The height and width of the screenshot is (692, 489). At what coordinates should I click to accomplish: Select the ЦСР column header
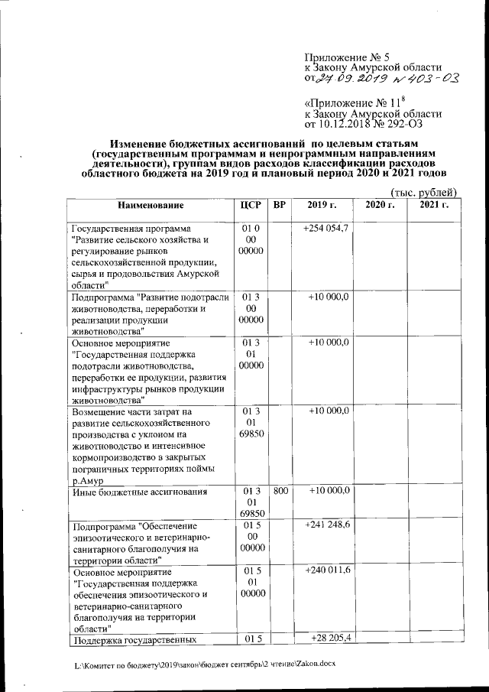pyautogui.click(x=251, y=206)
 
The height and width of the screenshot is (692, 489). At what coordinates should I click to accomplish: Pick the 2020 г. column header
pyautogui.click(x=379, y=206)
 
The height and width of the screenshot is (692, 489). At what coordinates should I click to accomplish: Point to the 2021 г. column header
pyautogui.click(x=433, y=206)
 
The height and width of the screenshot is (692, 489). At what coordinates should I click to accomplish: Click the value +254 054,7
pyautogui.click(x=326, y=229)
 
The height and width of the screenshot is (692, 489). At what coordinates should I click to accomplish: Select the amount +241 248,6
pyautogui.click(x=327, y=525)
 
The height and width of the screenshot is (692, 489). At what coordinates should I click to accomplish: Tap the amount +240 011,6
pyautogui.click(x=327, y=571)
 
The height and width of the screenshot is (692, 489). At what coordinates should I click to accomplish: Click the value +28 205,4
pyautogui.click(x=331, y=638)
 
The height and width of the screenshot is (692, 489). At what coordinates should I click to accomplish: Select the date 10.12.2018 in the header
pyautogui.click(x=351, y=122)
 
